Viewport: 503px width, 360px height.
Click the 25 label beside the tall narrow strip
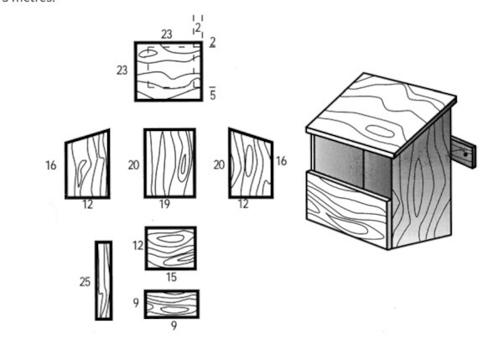85,282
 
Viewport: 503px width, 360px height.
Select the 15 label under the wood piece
171,277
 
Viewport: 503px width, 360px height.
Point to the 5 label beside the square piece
213,95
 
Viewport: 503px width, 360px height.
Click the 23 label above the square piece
167,34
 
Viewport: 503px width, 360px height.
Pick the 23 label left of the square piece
122,70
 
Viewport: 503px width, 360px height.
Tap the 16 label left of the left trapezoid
51,165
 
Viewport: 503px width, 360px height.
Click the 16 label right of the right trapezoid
281,160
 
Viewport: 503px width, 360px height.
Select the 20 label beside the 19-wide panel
134,165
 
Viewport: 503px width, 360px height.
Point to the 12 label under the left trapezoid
87,205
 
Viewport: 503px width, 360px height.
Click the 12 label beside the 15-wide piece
137,246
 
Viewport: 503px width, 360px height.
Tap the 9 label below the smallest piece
174,326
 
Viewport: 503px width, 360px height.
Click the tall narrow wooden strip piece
103,280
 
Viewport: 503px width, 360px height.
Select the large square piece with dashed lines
169,71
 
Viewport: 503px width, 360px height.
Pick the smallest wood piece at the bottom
171,304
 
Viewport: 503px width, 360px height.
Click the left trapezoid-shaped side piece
88,164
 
